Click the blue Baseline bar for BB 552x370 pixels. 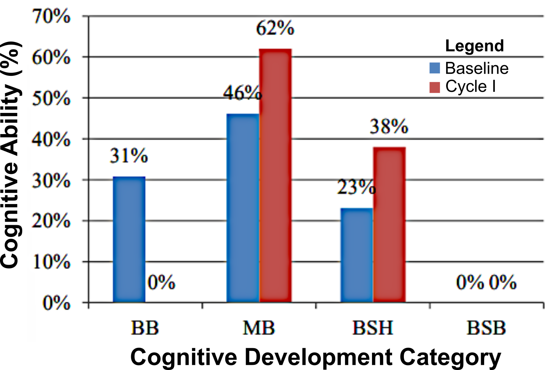tap(129, 240)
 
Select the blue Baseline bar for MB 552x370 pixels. tap(243, 208)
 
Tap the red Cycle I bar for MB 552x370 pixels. tap(275, 176)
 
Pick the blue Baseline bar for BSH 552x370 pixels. tap(356, 255)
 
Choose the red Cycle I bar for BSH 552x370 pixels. tap(389, 224)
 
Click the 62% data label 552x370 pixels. tap(275, 28)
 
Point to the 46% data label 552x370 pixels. tap(242, 92)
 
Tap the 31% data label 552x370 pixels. tap(129, 156)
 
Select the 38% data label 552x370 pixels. tap(389, 126)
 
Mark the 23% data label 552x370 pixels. tap(356, 187)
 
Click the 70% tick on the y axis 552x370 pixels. tap(51, 16)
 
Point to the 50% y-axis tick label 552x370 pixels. tap(51, 98)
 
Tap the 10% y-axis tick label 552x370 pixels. tap(51, 262)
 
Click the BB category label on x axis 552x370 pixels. tap(145, 328)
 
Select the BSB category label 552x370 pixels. tap(486, 328)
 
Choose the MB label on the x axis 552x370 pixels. tap(259, 328)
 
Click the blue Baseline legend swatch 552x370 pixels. tap(435, 68)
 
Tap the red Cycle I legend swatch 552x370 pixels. tap(435, 87)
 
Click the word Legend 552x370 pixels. tap(474, 46)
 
